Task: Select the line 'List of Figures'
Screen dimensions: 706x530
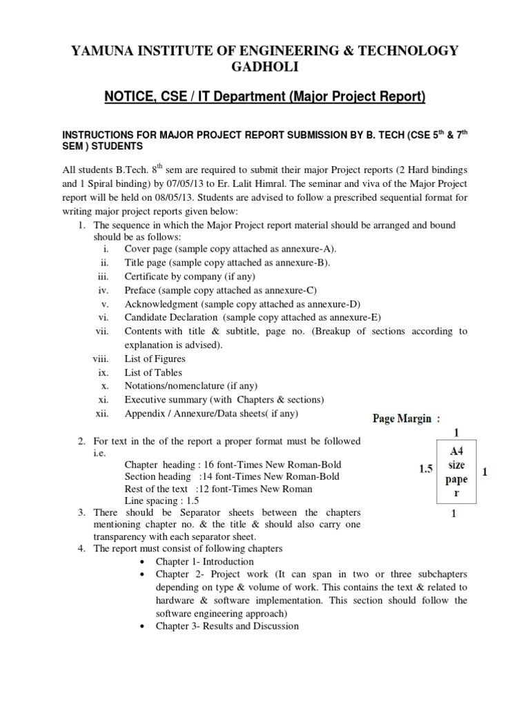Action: (155, 359)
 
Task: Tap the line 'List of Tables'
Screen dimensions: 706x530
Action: (153, 372)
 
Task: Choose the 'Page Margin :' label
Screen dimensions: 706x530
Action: (402, 418)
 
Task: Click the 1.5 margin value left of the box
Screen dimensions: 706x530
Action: (426, 469)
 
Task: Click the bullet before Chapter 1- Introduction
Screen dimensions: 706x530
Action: (141, 562)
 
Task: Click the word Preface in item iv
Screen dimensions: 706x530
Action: (140, 290)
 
